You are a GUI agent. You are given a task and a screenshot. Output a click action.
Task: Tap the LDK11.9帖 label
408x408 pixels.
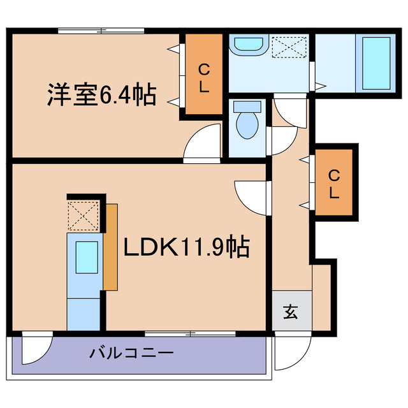coord(186,246)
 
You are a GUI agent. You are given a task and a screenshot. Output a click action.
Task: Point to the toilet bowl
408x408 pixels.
coord(245,121)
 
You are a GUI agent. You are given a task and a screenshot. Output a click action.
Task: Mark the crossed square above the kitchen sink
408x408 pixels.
coord(83,215)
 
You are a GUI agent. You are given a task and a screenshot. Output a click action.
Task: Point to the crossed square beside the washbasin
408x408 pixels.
coord(289,47)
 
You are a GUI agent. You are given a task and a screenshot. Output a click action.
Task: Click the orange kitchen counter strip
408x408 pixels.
coord(110,247)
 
